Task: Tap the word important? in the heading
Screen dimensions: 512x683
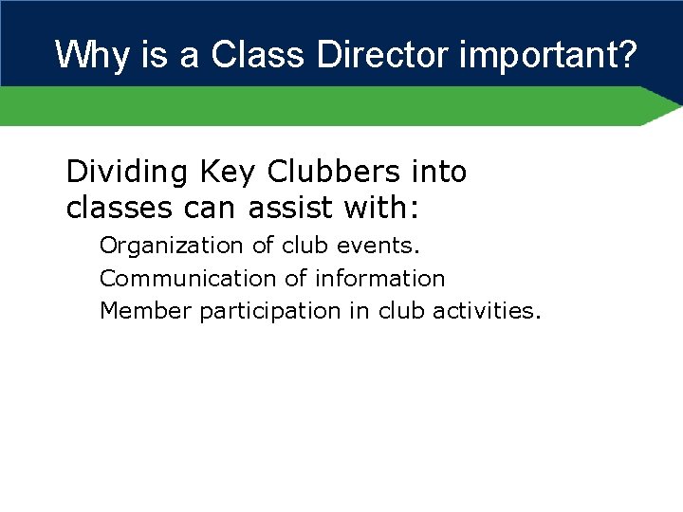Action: [x=548, y=55]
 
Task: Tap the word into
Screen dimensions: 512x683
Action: [x=439, y=173]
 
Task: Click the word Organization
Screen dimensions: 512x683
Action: [x=172, y=246]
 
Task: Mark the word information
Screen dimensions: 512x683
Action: [x=379, y=279]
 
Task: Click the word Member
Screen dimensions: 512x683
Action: [x=145, y=311]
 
